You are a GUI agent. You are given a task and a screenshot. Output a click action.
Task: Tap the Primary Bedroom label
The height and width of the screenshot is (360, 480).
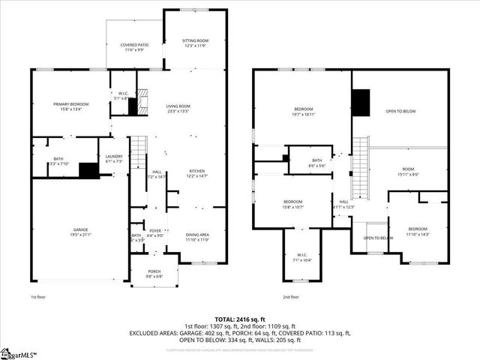(x=70, y=106)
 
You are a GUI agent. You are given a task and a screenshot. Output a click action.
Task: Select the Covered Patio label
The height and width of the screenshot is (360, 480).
(x=134, y=47)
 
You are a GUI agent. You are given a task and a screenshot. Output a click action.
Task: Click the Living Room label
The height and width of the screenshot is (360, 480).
(x=178, y=109)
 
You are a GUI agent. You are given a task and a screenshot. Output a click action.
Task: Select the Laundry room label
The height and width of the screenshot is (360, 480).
(x=114, y=158)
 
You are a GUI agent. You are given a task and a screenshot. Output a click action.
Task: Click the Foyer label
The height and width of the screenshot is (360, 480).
(x=155, y=233)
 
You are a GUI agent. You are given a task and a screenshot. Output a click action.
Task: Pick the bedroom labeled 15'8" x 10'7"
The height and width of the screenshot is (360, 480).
(x=292, y=204)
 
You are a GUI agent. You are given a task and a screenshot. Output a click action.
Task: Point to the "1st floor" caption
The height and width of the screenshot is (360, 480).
(x=39, y=297)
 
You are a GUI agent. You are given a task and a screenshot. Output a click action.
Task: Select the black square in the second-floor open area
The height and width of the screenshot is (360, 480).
(x=361, y=103)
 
